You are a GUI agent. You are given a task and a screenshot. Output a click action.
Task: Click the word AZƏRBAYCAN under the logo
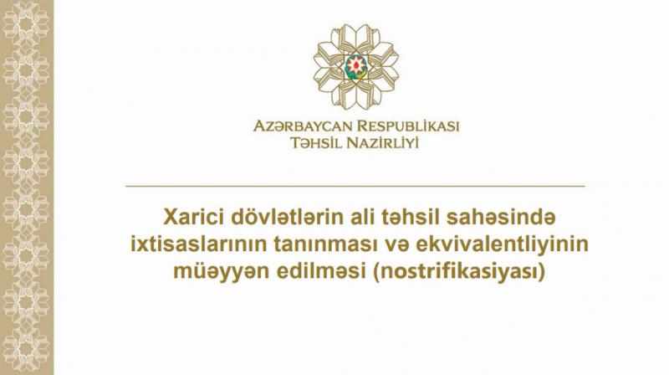point(303,126)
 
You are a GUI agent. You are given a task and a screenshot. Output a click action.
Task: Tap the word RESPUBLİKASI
point(408,126)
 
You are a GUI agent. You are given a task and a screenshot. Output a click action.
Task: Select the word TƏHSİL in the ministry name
point(316,142)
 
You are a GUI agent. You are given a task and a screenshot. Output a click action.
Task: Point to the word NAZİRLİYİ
point(382,142)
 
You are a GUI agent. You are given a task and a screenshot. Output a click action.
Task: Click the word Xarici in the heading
point(193,217)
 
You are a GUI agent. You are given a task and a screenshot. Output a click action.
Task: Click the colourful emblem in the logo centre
point(356,66)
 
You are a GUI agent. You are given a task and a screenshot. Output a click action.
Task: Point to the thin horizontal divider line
point(355,187)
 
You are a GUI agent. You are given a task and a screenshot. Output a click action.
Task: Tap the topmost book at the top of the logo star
point(356,33)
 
